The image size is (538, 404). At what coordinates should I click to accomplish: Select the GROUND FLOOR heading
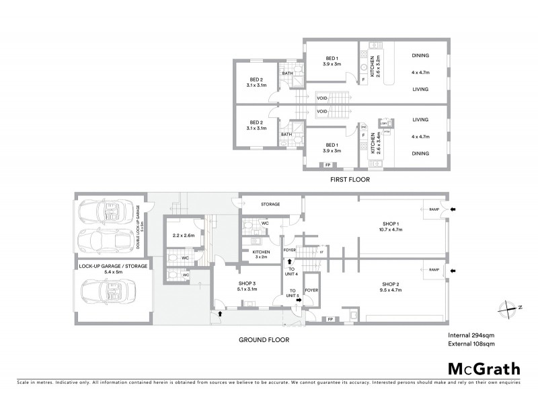coord(264,340)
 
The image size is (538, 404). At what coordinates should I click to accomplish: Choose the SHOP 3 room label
coord(247,286)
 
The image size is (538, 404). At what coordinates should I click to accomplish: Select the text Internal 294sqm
coord(471,335)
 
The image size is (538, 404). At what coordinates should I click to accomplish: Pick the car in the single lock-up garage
coord(107,292)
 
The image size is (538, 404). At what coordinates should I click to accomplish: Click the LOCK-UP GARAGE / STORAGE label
coord(112,267)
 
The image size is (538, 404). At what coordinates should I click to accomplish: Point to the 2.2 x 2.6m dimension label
coord(183,236)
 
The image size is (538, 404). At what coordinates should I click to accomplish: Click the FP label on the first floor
coord(328,165)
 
